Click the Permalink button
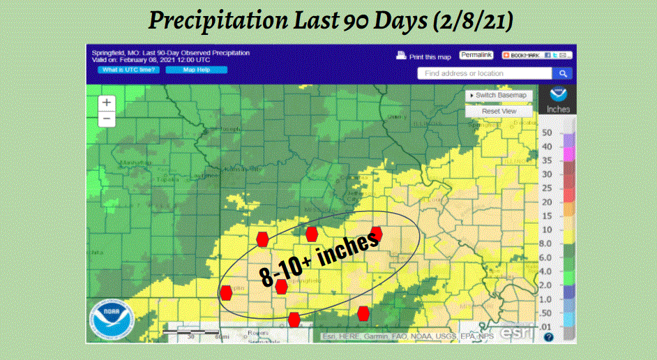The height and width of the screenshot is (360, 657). (476, 54)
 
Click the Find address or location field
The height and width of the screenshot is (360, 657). (485, 73)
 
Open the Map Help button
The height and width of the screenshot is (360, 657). (196, 70)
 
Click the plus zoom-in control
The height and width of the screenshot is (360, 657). (107, 102)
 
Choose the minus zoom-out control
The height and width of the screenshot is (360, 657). (107, 118)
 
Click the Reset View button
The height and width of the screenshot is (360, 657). (499, 111)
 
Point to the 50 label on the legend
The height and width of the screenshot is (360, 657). (547, 133)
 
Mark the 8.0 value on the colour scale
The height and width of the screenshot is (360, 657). (547, 243)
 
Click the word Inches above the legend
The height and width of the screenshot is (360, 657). (558, 110)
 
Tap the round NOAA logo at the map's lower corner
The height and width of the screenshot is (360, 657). (109, 320)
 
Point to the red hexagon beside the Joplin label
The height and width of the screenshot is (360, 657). (226, 292)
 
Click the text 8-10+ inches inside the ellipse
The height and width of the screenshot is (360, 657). (319, 258)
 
